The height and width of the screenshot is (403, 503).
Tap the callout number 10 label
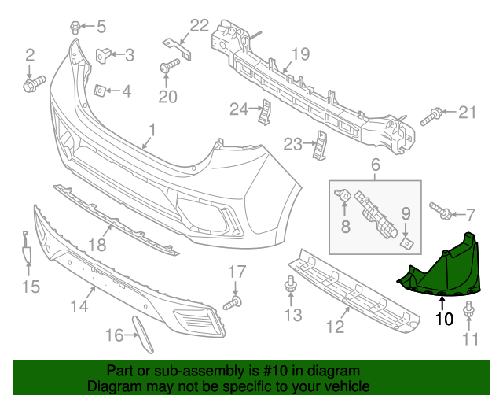[x=444, y=319]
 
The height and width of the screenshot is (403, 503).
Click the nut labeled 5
[x=76, y=26]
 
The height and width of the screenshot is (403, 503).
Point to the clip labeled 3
[x=103, y=55]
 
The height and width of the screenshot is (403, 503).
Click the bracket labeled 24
[x=266, y=112]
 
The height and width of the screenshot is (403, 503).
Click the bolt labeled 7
[x=440, y=211]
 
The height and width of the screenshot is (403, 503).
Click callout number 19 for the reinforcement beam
[x=302, y=54]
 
